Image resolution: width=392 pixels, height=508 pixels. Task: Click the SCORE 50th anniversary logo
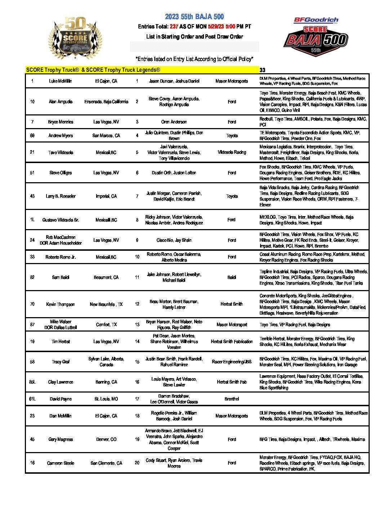tap(75, 38)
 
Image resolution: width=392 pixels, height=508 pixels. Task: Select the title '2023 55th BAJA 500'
tap(195, 17)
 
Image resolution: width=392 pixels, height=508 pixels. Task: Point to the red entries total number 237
tap(174, 26)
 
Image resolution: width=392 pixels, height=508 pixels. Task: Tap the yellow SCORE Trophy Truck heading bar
tap(142, 70)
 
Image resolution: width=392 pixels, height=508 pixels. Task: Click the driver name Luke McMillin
tap(61, 81)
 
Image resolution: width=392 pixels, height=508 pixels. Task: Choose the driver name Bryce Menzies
tap(61, 122)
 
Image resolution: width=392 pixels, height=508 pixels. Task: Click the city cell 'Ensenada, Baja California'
tap(106, 102)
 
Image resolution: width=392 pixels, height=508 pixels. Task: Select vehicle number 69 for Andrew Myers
tap(32, 136)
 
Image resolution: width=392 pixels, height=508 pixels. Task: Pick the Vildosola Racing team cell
tap(232, 152)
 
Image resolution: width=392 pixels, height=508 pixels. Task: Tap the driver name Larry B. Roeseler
tap(61, 196)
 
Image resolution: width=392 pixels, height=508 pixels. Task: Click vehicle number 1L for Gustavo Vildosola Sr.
tap(32, 220)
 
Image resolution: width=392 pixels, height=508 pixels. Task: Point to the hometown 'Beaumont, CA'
tap(106, 277)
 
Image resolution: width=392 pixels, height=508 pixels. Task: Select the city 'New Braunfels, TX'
tap(106, 305)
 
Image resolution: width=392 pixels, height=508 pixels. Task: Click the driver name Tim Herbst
tap(61, 342)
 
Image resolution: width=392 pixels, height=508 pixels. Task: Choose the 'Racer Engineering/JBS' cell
tap(232, 362)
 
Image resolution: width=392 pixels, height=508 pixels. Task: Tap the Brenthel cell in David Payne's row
tap(232, 399)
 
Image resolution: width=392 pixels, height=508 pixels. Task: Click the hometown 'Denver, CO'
tap(106, 439)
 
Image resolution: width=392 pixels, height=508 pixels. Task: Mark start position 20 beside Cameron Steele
tap(137, 463)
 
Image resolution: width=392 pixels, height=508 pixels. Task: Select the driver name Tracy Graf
tap(61, 362)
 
